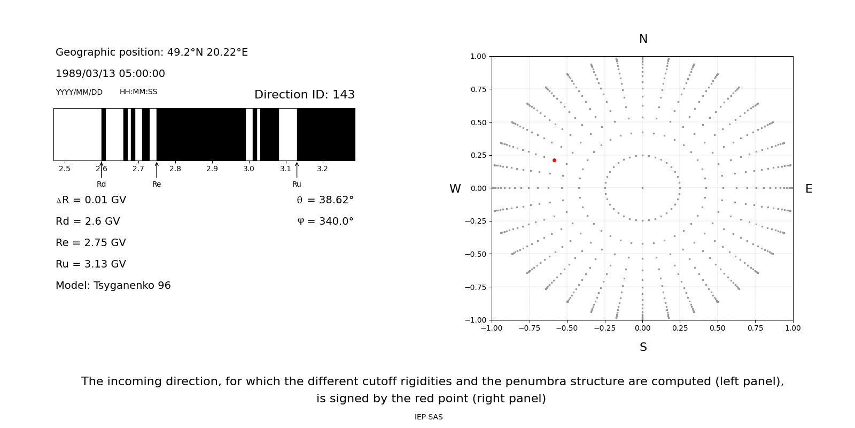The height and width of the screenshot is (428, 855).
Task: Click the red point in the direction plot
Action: (554, 160)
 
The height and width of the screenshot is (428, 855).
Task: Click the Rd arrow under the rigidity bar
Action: (102, 171)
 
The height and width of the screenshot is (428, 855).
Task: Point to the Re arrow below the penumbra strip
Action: (157, 171)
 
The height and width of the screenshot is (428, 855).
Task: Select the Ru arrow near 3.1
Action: (297, 171)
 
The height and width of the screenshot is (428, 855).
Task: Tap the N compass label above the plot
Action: (643, 39)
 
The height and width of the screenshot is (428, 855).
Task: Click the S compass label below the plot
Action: (643, 347)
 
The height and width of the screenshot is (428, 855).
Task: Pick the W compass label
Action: (455, 189)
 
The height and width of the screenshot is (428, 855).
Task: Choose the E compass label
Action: (809, 189)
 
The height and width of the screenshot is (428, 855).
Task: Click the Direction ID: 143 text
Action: (305, 95)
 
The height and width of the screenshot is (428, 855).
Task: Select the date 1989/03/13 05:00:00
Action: (110, 74)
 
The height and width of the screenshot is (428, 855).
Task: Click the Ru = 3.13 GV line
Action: (91, 264)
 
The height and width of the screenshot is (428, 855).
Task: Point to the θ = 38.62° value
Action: (325, 200)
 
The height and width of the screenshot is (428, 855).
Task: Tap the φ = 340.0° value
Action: (325, 221)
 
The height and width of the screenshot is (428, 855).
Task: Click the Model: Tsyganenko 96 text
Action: (113, 286)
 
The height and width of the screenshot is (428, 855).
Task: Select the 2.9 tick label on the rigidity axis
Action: (212, 169)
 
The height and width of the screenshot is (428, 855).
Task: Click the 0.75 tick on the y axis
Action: (478, 89)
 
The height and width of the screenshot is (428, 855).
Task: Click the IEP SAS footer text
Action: (429, 417)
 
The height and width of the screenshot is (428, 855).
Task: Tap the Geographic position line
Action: (152, 52)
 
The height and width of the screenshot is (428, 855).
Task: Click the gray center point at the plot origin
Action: (642, 188)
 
